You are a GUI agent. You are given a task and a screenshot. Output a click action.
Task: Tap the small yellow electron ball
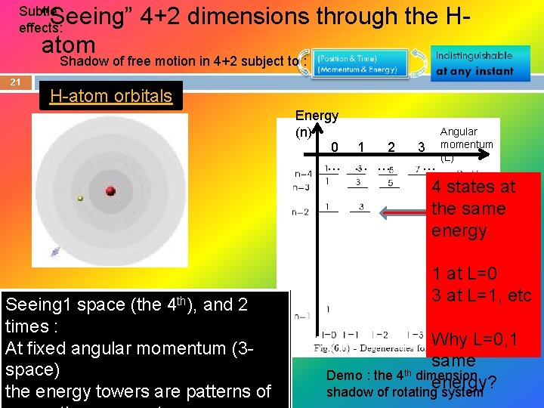coord(80,199)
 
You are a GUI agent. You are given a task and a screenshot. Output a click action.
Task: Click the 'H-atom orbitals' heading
coord(111,96)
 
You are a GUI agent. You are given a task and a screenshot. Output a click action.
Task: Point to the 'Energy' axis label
coord(317,116)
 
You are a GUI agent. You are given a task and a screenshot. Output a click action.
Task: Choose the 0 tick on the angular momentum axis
coord(335,147)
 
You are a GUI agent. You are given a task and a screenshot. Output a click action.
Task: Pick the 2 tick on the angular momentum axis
coord(391,147)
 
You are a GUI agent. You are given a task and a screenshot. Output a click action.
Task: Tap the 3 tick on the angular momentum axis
coord(421,147)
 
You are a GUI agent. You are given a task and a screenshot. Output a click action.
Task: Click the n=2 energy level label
coord(301,212)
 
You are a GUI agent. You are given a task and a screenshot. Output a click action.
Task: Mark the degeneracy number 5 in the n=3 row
coord(389,183)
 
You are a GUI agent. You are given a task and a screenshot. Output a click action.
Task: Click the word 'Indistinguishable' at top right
coord(474,55)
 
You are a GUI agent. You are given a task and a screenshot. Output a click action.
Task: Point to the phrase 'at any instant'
coord(474,71)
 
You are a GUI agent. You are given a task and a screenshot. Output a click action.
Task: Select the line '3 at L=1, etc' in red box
coord(481,295)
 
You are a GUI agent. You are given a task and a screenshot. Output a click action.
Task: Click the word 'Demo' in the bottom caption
coord(339,376)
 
